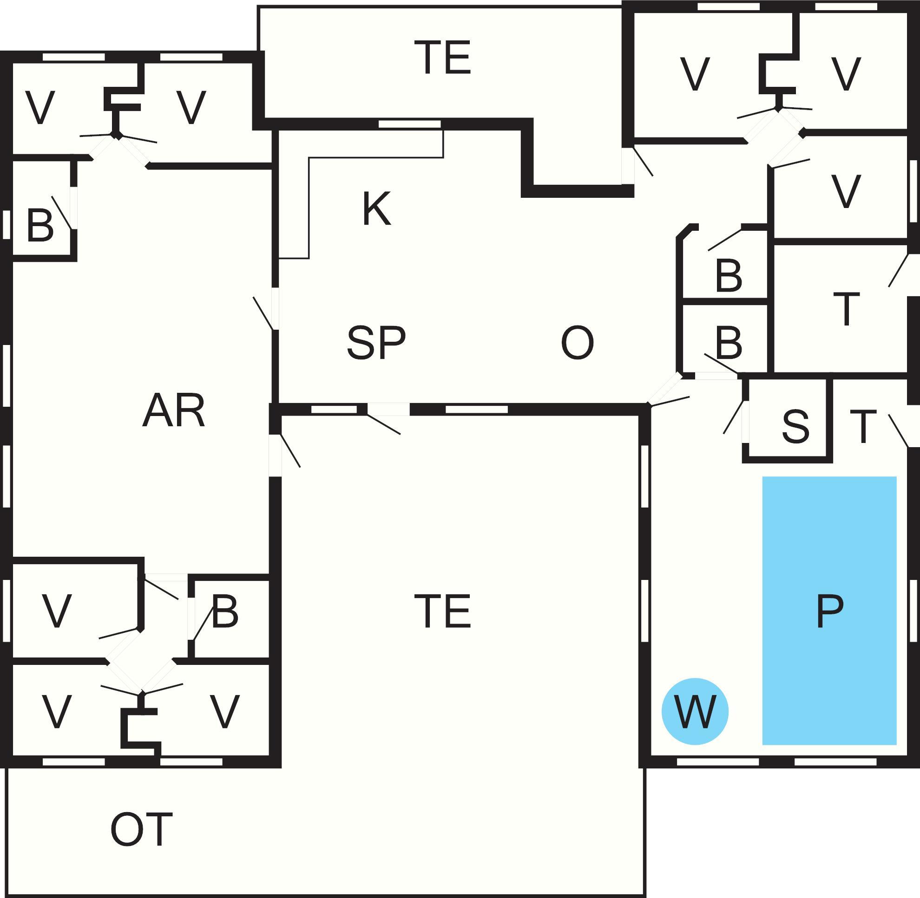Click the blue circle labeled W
pos(694,712)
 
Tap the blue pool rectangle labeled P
pos(829,611)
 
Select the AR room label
pos(174,411)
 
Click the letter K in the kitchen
pos(377,208)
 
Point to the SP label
pos(376,343)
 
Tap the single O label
pos(577,343)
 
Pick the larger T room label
pos(847,309)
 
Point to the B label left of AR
pos(40,225)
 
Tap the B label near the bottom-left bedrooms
pos(225,611)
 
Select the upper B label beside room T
pos(729,275)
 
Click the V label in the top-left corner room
pos(40,108)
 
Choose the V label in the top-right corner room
pos(846,74)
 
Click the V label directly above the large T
pos(846,191)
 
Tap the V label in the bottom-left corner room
pos(57,712)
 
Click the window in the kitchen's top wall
pos(410,124)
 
